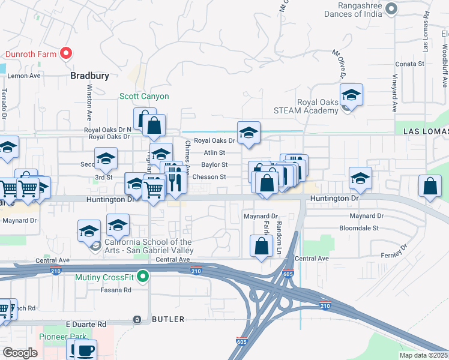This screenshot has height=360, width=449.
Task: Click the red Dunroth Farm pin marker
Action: pos(67,53)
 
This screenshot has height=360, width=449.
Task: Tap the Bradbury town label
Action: pos(89,76)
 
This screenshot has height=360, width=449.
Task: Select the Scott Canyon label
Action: pos(144,96)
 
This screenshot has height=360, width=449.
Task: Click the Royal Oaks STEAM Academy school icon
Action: pos(351,95)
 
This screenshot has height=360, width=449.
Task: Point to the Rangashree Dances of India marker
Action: pos(392,8)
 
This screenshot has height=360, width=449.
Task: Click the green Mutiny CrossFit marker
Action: pos(142,277)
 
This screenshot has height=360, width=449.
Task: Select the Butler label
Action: pos(167,319)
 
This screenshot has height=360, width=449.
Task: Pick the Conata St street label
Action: pos(410,63)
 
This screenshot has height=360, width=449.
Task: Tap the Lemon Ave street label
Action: pos(24,76)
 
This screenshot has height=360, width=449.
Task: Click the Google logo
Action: pos(20,352)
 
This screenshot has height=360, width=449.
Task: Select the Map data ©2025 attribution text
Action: pos(423,355)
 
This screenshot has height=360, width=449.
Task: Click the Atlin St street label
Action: pos(214,153)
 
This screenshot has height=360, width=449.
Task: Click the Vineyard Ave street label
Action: pos(395,93)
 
